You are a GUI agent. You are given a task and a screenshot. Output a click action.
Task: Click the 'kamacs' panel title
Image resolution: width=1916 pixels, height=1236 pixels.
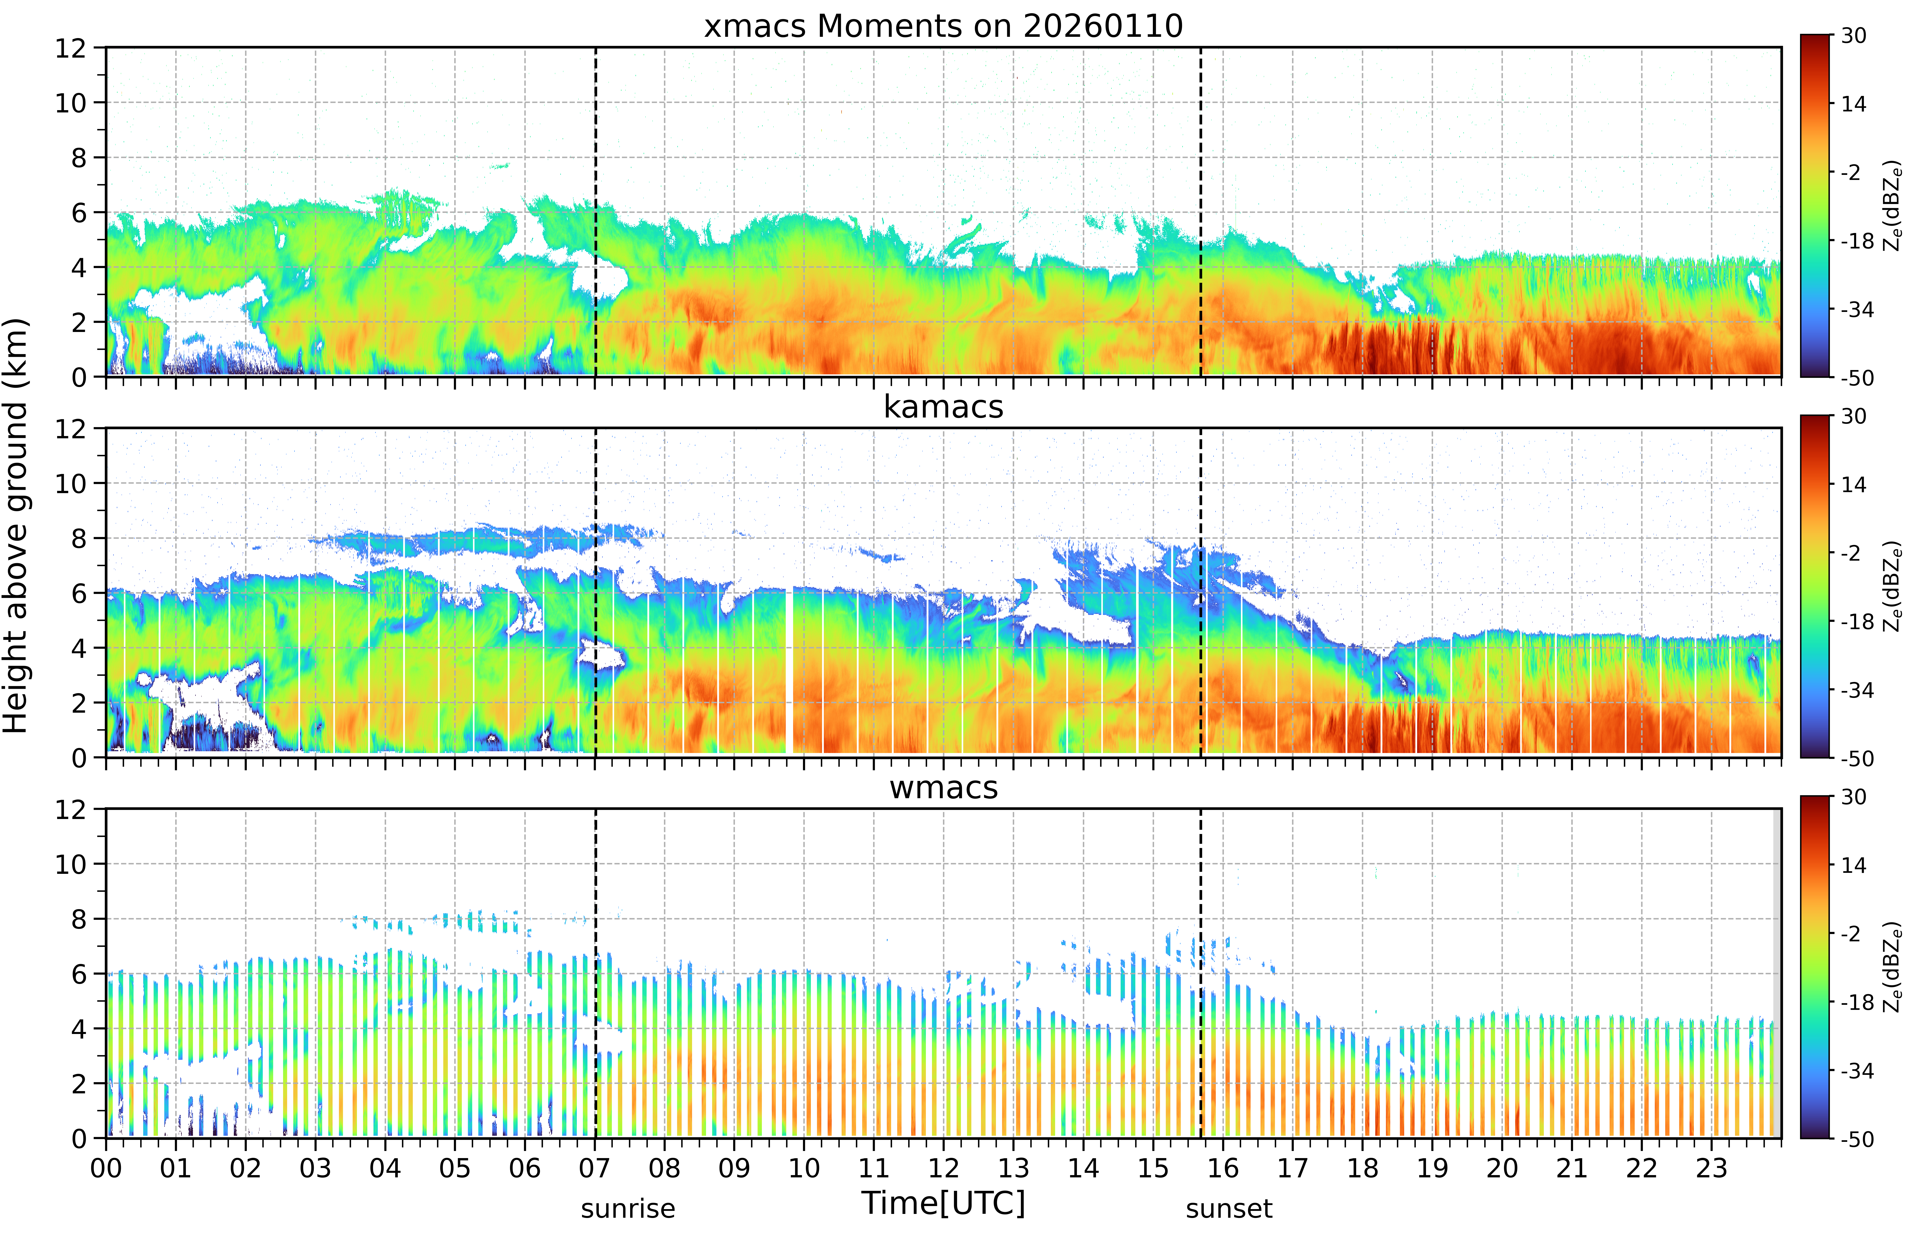[x=943, y=407]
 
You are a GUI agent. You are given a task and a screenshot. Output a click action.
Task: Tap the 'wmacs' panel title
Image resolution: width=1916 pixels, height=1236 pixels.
[x=943, y=787]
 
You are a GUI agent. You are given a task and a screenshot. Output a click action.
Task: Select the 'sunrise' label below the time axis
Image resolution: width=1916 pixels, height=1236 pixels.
[x=628, y=1208]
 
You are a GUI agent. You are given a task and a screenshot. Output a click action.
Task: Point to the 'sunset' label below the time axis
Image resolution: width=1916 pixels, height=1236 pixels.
[x=1229, y=1208]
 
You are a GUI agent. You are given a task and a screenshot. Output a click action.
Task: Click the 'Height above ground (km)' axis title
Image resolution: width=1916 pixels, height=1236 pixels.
[x=16, y=526]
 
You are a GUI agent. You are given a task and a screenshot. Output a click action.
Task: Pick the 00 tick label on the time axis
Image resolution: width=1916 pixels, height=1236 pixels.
[x=106, y=1168]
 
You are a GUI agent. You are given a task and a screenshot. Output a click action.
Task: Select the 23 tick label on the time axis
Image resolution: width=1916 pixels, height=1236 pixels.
[x=1711, y=1168]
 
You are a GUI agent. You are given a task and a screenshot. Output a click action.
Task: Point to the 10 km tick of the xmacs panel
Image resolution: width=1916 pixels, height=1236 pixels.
[x=71, y=103]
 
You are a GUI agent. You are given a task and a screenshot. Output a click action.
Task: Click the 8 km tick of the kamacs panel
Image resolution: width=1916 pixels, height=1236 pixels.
[x=79, y=539]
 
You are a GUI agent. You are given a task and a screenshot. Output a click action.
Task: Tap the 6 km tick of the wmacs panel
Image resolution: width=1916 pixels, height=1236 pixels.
[x=79, y=974]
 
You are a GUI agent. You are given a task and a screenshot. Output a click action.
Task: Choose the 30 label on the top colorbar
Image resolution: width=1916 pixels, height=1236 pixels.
[x=1853, y=35]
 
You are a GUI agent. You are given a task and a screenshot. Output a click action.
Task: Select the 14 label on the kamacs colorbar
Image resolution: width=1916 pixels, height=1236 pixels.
[x=1853, y=485]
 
